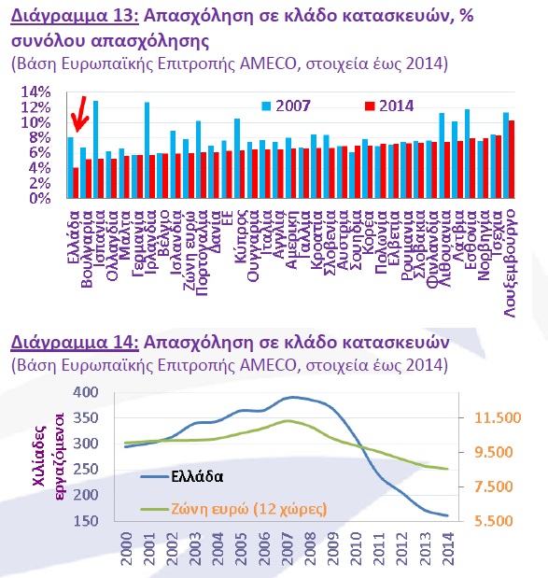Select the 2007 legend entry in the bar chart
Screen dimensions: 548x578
286,106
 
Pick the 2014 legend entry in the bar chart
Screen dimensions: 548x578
389,106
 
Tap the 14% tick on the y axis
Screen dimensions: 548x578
35,92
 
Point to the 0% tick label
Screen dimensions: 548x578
39,198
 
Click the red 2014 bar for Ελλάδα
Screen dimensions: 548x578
76,183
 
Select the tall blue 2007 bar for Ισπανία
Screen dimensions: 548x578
95,149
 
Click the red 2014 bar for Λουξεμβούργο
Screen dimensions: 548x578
512,160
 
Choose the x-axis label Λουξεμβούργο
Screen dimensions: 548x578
510,263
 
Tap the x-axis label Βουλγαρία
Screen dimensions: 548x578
86,248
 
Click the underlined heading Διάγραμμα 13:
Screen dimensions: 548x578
75,16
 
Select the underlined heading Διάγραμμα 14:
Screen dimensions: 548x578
75,343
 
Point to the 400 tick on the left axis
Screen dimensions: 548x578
86,392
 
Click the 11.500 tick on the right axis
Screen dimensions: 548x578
498,417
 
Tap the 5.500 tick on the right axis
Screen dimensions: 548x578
494,521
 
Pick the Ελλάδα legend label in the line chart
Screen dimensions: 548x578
197,476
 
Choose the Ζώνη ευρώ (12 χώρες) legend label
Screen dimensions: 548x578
249,509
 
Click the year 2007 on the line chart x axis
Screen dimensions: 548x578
288,548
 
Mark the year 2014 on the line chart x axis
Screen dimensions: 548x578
448,548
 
